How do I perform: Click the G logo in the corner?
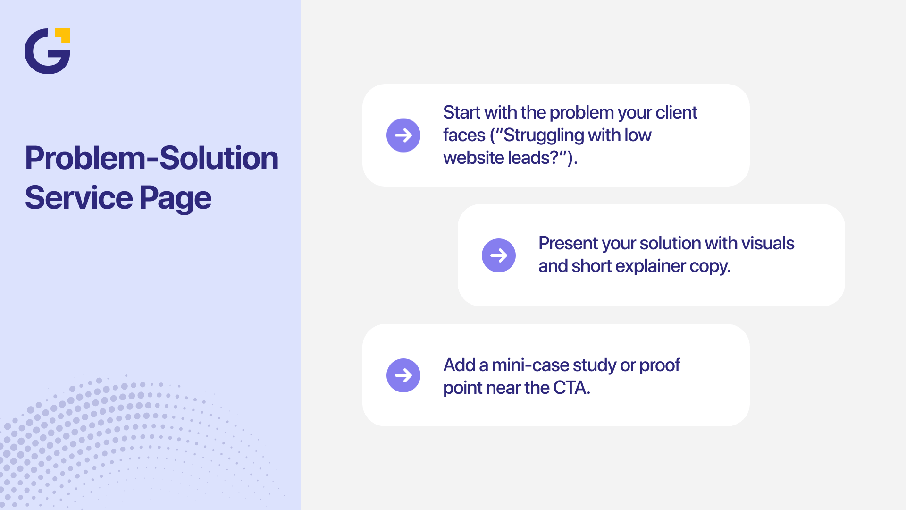tap(46, 51)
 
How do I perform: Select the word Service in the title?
tap(78, 197)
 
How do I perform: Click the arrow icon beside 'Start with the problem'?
tap(403, 136)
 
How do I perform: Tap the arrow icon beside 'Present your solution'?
tap(499, 255)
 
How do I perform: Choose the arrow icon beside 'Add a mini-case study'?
tap(403, 375)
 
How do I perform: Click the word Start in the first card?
tap(461, 113)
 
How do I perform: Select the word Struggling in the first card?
tap(544, 136)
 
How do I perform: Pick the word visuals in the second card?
tap(768, 244)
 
